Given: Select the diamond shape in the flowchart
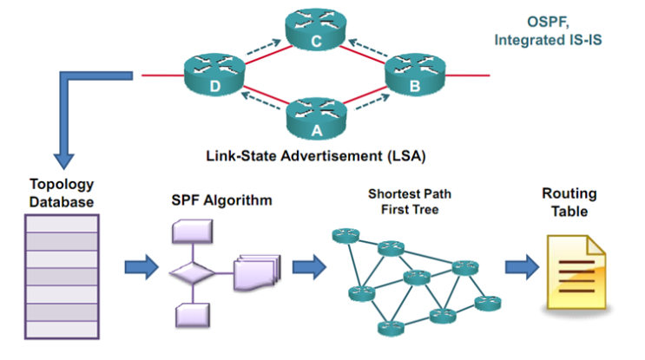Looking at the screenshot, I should tap(193, 272).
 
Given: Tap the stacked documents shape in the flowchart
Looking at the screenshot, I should tap(255, 271).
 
